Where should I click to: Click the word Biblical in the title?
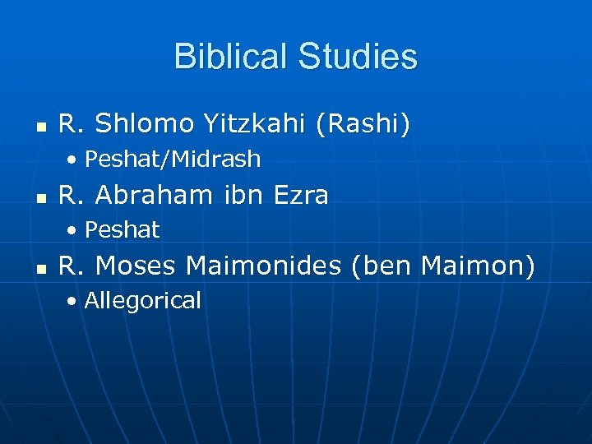tap(229, 57)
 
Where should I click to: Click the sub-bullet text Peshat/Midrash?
tap(173, 159)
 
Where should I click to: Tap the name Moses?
tap(136, 266)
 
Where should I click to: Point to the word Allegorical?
tap(142, 301)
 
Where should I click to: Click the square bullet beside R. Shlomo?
tap(40, 127)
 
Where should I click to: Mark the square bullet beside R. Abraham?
tap(40, 197)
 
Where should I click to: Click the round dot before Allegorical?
tap(73, 302)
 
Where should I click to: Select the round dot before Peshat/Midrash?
tap(73, 160)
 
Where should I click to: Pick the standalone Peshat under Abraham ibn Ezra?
tap(122, 230)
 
